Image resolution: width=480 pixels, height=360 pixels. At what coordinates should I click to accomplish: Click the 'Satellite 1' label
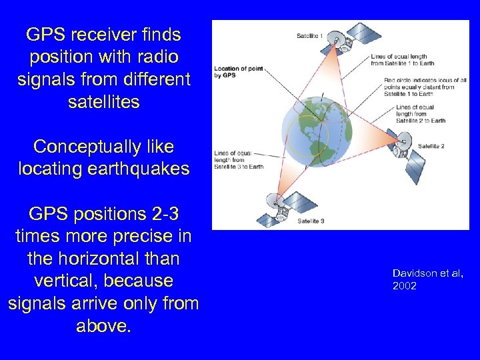pyautogui.click(x=310, y=35)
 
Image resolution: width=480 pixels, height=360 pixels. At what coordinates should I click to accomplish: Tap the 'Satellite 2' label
pyautogui.click(x=431, y=146)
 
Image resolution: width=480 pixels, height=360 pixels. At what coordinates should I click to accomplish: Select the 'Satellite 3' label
pyautogui.click(x=311, y=221)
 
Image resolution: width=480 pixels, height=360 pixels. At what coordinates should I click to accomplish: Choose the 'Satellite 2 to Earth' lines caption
pyautogui.click(x=420, y=113)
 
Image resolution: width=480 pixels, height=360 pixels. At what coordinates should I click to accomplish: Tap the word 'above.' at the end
pyautogui.click(x=103, y=326)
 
